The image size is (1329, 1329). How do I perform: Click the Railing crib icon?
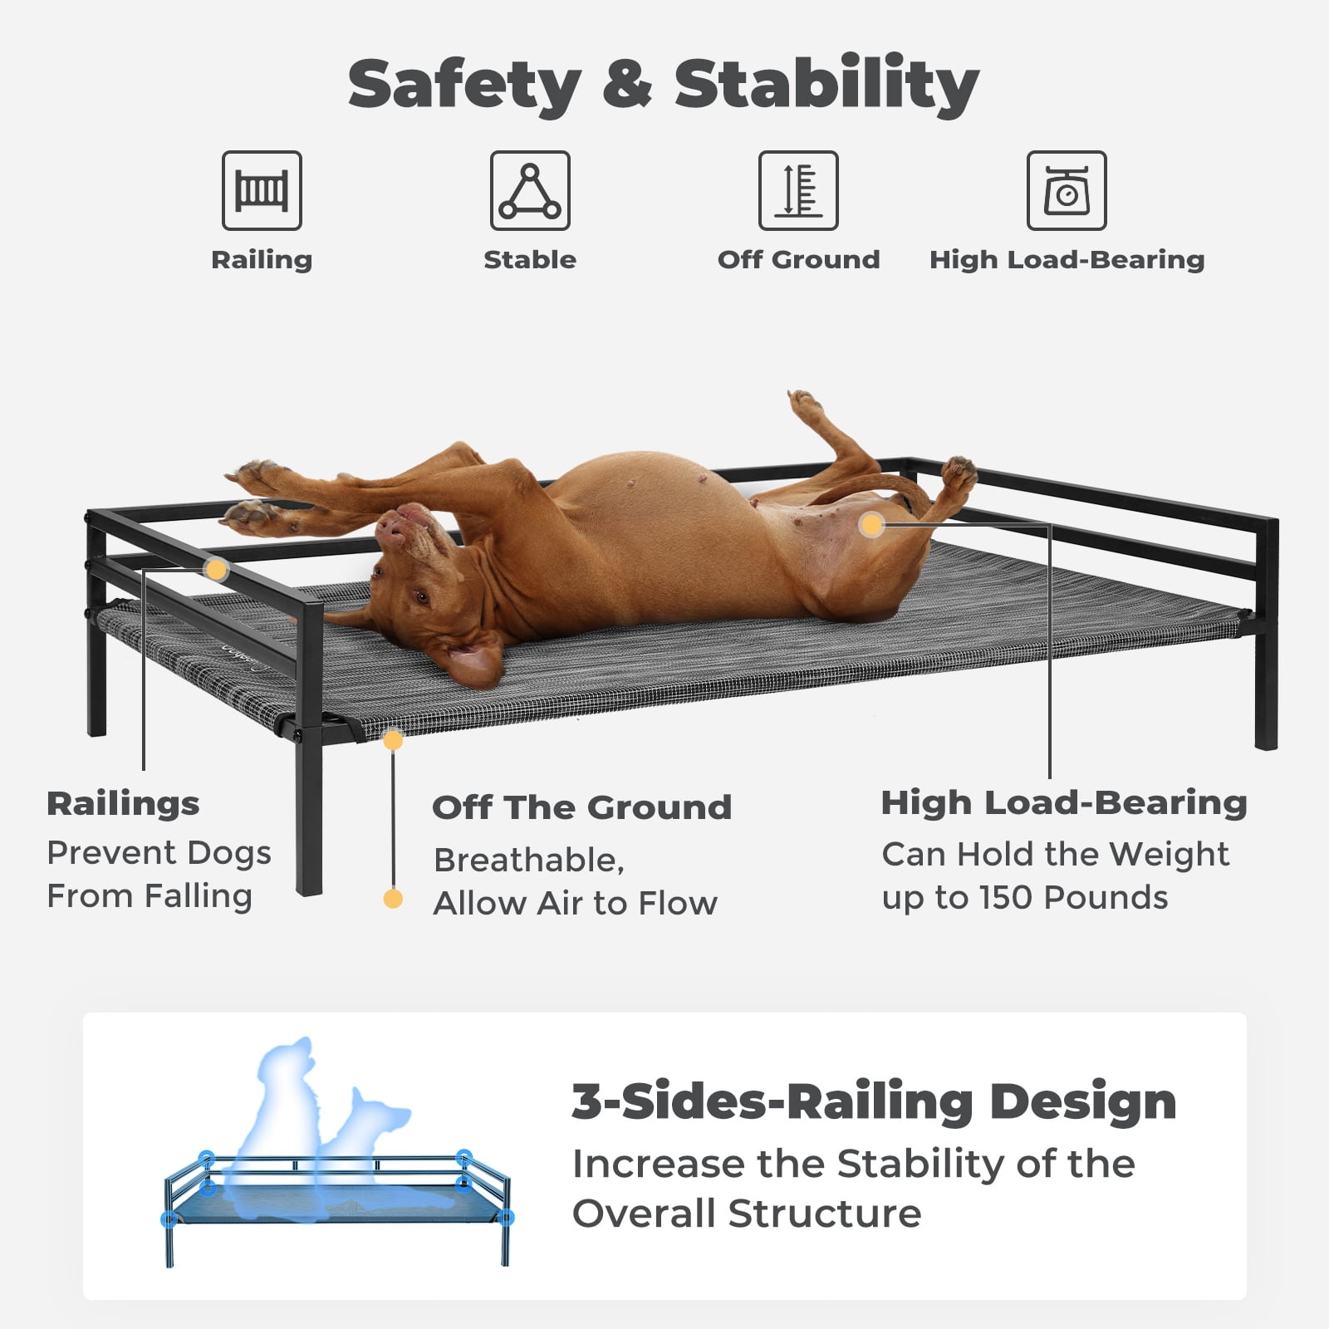[x=262, y=190]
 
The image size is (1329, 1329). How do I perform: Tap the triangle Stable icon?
[x=530, y=190]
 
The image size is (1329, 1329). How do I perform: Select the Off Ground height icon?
[x=798, y=190]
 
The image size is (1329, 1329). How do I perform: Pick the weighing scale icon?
[x=1067, y=190]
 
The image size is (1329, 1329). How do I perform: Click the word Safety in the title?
[x=464, y=85]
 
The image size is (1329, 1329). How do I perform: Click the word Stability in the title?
[x=826, y=84]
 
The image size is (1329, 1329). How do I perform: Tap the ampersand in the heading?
[x=627, y=84]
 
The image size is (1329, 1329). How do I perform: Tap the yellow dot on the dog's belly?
[x=871, y=524]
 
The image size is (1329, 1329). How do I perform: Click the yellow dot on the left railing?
[x=216, y=570]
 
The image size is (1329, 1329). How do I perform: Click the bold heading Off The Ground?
[x=581, y=807]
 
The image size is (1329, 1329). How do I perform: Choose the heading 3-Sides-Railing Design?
[x=874, y=1101]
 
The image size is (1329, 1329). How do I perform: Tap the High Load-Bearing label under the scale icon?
[x=1067, y=260]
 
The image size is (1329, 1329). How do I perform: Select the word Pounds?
[x=1106, y=898]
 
